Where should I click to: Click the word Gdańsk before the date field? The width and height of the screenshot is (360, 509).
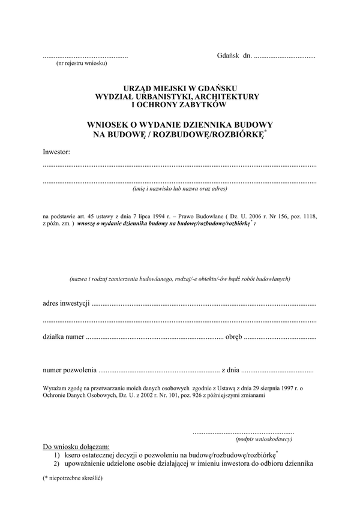click(x=227, y=55)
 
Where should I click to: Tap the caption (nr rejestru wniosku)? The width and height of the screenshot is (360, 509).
click(x=81, y=62)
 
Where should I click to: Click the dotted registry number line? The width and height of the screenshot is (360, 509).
click(x=85, y=56)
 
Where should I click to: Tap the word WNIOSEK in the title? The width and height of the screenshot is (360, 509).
click(x=110, y=125)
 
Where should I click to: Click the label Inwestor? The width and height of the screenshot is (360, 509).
click(x=56, y=152)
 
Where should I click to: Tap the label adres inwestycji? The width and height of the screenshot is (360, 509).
click(x=67, y=304)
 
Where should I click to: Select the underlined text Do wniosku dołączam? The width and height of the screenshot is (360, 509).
click(x=76, y=447)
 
